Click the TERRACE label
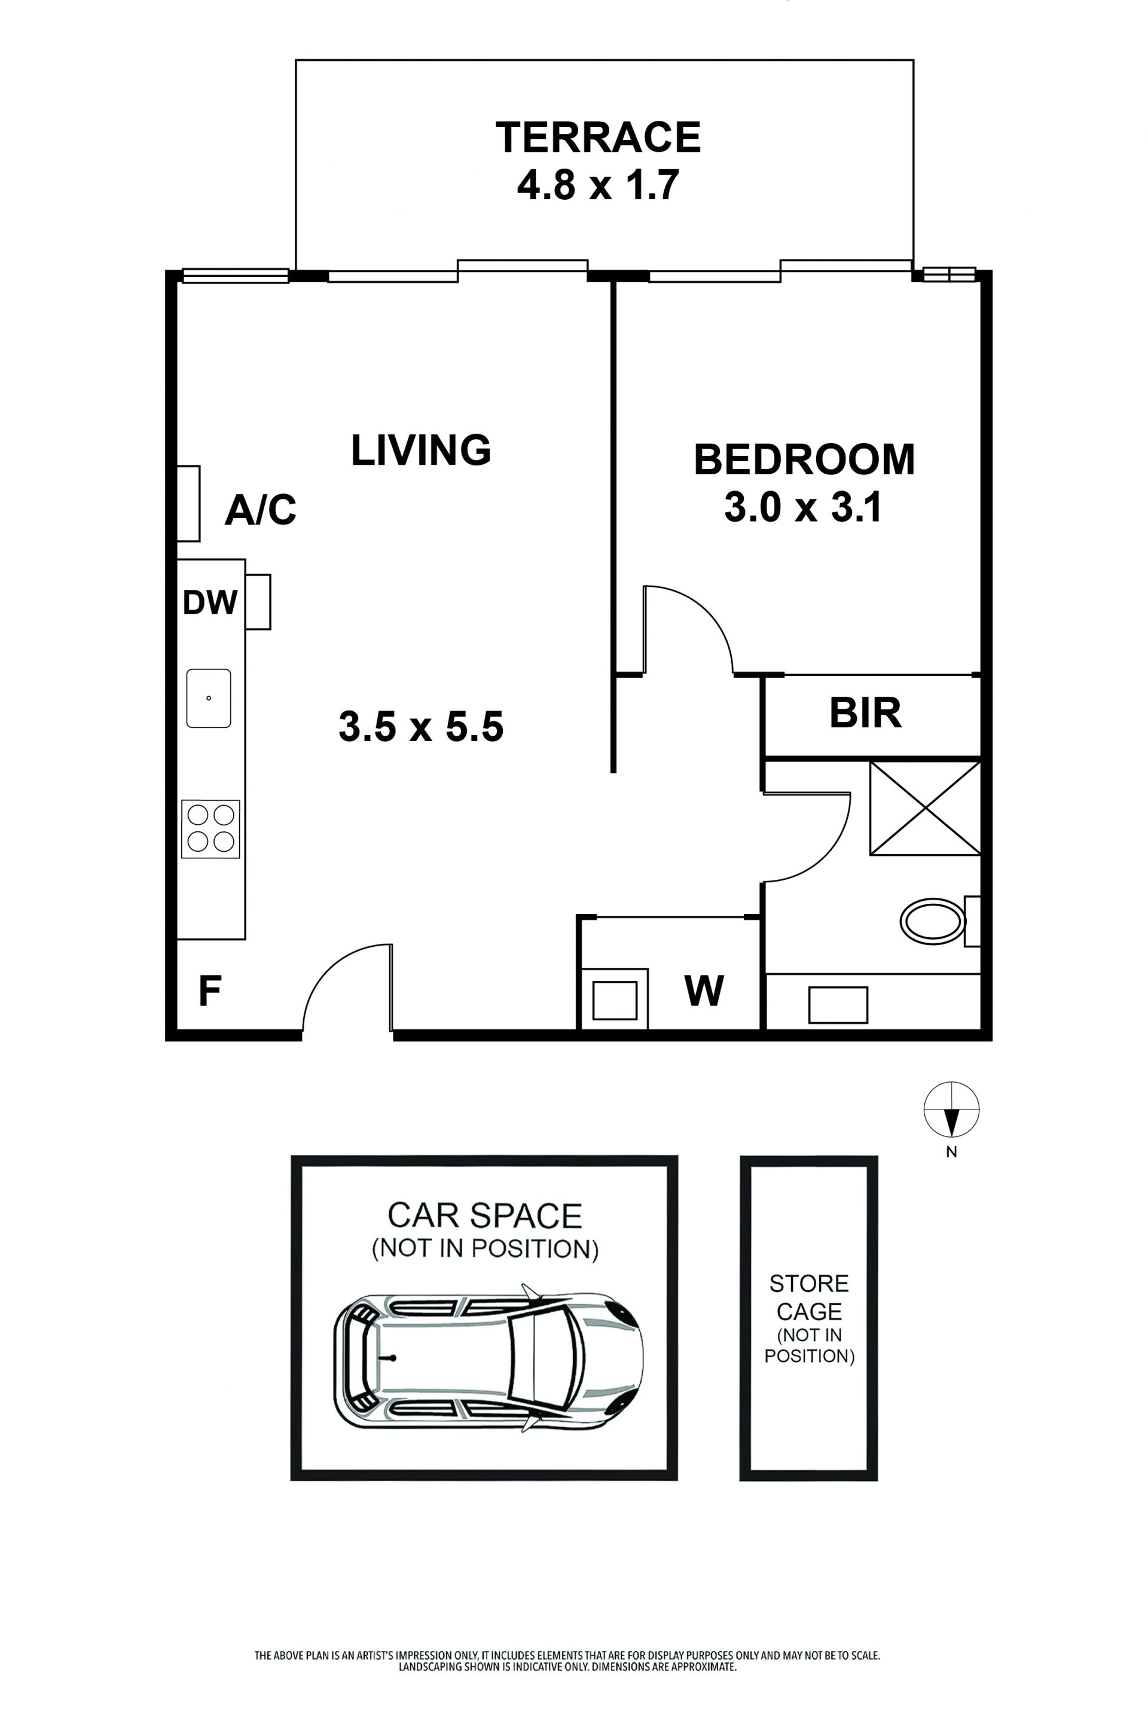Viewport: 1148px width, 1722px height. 598,137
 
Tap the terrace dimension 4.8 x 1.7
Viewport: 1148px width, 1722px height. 598,185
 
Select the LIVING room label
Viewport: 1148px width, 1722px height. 421,450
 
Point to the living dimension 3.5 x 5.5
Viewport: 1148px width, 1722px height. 421,727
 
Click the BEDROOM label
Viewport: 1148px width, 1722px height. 804,459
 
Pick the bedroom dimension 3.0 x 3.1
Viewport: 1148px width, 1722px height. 803,507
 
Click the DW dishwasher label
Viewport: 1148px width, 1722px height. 210,603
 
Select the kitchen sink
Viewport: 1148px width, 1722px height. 209,698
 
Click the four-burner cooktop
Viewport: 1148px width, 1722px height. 211,829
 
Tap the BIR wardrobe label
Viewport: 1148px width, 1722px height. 865,713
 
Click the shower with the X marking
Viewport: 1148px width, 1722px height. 926,808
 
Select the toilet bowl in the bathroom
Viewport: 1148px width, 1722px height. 932,922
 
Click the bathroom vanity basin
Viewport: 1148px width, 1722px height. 838,1005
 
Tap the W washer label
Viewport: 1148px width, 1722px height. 704,992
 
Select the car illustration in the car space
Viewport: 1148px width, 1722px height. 488,1357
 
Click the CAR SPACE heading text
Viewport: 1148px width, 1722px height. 485,1216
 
